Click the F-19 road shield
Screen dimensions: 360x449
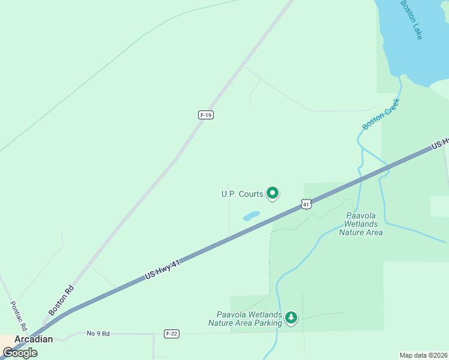click(206, 115)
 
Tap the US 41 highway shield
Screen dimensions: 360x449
click(307, 205)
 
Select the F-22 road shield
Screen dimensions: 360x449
click(171, 334)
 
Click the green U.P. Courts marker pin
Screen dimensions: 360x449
click(273, 193)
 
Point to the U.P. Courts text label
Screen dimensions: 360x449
click(242, 194)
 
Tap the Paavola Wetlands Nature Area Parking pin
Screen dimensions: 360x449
click(291, 317)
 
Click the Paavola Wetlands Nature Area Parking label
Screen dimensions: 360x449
click(245, 319)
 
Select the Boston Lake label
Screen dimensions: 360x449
click(412, 20)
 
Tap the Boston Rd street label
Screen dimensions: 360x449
click(61, 300)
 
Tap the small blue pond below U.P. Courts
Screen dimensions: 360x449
click(252, 215)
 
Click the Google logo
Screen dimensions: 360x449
click(20, 352)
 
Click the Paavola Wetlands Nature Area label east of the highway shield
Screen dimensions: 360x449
click(361, 224)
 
